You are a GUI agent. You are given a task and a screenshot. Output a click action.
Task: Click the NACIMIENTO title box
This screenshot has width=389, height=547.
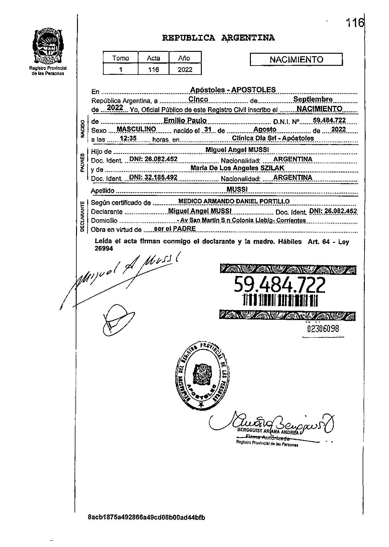tap(296, 59)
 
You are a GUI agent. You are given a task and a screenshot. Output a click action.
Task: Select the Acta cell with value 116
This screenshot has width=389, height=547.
tap(153, 70)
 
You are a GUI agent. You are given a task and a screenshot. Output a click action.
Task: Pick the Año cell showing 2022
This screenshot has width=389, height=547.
tap(185, 70)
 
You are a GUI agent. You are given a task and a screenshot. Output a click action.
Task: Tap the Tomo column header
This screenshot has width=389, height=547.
tap(120, 58)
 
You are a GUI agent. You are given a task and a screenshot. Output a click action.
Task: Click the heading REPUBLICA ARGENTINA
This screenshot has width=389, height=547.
tap(218, 38)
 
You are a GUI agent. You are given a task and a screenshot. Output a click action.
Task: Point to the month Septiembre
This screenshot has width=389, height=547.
tap(313, 99)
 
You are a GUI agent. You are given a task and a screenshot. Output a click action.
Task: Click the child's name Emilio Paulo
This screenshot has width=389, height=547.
tap(185, 120)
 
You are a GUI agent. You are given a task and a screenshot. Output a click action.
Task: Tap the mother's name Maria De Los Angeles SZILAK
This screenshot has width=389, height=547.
tap(237, 168)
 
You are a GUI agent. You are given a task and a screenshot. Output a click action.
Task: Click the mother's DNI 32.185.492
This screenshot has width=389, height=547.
tap(153, 177)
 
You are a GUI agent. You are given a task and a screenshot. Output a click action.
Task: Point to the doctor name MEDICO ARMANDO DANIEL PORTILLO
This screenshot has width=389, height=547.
tap(234, 201)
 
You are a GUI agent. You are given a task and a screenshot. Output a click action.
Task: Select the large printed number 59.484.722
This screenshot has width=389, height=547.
tap(279, 285)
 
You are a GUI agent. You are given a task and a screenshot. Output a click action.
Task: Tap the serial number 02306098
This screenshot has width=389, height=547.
tap(323, 328)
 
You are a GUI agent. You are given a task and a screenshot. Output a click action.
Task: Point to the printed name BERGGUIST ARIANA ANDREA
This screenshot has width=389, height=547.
tap(268, 431)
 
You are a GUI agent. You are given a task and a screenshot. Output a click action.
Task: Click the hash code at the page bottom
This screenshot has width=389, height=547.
tap(147, 518)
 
